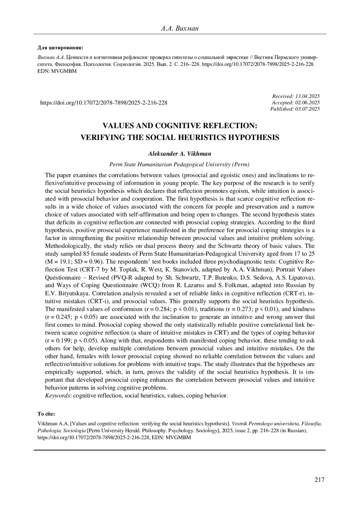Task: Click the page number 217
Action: click(x=319, y=480)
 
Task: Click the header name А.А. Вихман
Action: click(x=180, y=29)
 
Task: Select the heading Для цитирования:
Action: click(x=60, y=47)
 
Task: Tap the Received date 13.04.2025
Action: click(x=307, y=96)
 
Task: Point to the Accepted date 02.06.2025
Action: click(x=307, y=103)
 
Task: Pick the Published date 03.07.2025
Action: click(x=307, y=109)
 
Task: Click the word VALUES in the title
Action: click(x=118, y=126)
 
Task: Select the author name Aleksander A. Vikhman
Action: click(x=180, y=154)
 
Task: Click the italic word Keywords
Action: click(x=58, y=396)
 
